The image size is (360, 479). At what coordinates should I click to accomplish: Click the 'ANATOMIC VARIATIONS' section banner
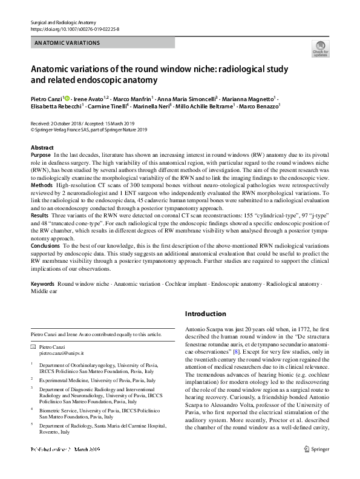tap(68, 43)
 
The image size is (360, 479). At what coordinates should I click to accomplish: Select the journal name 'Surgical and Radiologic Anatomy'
tap(59, 22)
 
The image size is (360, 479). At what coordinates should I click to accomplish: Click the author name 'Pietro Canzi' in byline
tap(47, 97)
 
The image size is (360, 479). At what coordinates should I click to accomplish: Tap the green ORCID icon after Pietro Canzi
tap(67, 97)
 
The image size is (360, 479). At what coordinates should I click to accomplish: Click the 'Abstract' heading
tap(42, 148)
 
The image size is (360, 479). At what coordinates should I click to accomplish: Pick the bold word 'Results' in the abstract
tap(40, 215)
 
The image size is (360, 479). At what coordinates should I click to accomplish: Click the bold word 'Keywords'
tap(43, 283)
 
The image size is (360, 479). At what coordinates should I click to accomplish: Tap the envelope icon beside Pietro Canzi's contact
tap(33, 346)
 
